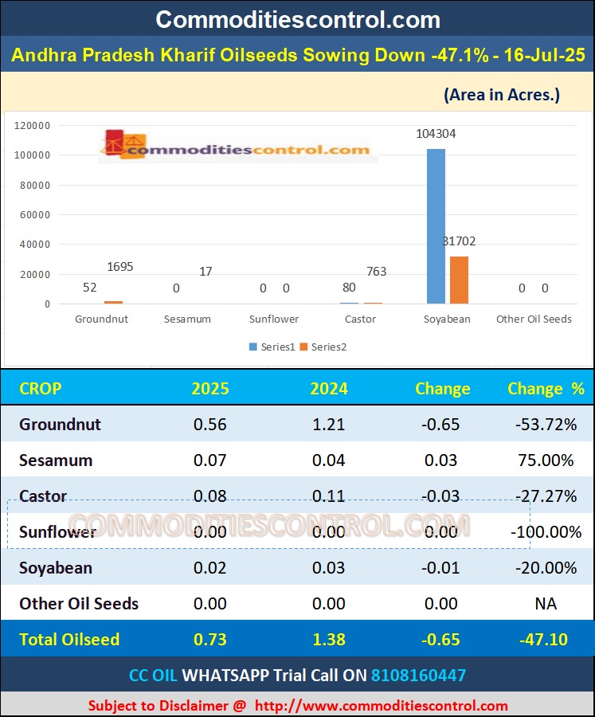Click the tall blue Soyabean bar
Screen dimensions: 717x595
pyautogui.click(x=436, y=226)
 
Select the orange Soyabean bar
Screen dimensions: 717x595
pyautogui.click(x=459, y=280)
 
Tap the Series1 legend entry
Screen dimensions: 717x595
pyautogui.click(x=272, y=347)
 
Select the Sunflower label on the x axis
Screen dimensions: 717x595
pyautogui.click(x=273, y=319)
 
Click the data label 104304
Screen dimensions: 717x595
pyautogui.click(x=436, y=134)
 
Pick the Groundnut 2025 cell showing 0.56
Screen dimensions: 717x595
pyautogui.click(x=210, y=425)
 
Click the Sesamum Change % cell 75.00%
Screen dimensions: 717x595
pyautogui.click(x=545, y=460)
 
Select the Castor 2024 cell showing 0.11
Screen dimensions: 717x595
pyautogui.click(x=329, y=496)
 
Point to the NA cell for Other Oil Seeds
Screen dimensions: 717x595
pyautogui.click(x=546, y=604)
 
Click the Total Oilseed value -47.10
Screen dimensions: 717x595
pyautogui.click(x=546, y=640)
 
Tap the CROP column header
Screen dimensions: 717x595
pyautogui.click(x=40, y=389)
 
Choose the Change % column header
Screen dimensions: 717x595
pyautogui.click(x=546, y=389)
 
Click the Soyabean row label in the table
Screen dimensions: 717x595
pyautogui.click(x=56, y=568)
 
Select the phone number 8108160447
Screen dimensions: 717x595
pyautogui.click(x=418, y=676)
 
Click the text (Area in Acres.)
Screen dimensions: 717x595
pyautogui.click(x=501, y=95)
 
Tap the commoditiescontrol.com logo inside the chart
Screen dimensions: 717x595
pyautogui.click(x=237, y=147)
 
